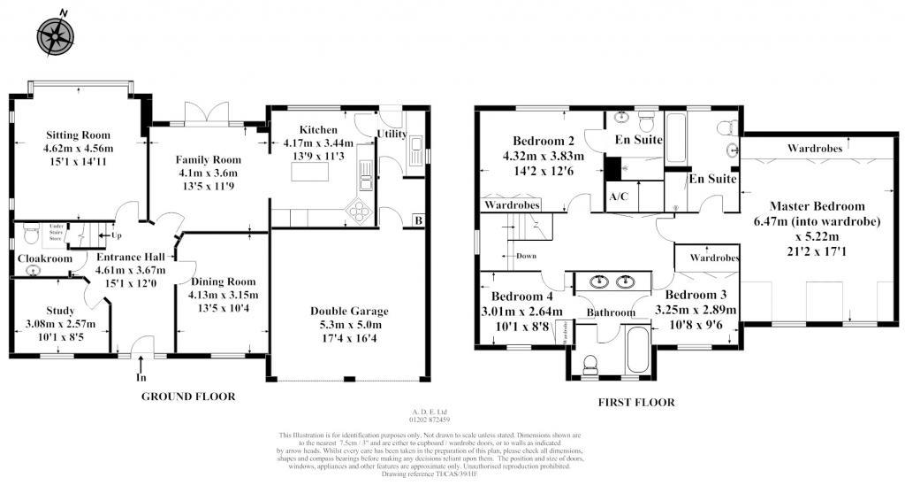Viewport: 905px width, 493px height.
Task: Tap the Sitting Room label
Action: click(80, 135)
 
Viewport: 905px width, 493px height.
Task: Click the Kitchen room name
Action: click(317, 129)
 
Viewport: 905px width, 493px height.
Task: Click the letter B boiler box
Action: click(418, 220)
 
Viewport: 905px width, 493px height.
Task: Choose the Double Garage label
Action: click(349, 311)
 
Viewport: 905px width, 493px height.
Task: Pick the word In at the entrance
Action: click(141, 378)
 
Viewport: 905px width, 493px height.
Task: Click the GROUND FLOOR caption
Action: click(188, 397)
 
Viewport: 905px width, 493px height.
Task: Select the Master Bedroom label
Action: click(817, 206)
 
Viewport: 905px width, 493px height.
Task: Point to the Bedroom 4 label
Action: click(522, 297)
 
